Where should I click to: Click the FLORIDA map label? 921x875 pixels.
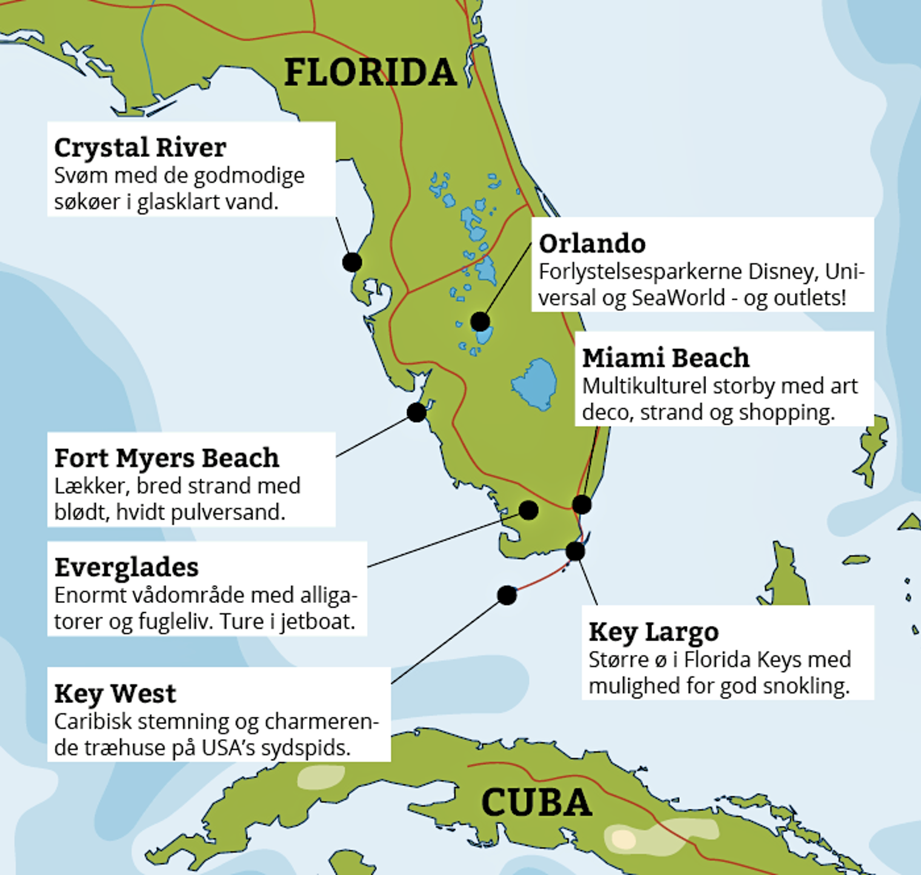[370, 72]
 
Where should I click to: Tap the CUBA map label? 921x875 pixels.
[536, 802]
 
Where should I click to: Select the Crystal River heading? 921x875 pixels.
[140, 148]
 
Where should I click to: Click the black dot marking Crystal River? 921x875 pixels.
[352, 262]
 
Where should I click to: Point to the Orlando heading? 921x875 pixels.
[592, 244]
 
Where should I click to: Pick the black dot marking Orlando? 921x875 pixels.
[480, 321]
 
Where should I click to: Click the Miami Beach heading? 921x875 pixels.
[665, 358]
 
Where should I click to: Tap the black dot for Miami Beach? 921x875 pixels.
[582, 504]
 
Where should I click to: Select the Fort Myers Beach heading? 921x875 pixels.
[167, 458]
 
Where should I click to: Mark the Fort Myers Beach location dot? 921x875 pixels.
[416, 412]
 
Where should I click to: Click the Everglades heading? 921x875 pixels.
[126, 568]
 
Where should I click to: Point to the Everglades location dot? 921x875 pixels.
[528, 510]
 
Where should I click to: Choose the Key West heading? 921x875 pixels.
[115, 694]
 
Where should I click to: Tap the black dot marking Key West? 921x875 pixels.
[507, 595]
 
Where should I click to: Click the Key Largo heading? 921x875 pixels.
[653, 632]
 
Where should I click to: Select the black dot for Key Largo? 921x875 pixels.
[575, 551]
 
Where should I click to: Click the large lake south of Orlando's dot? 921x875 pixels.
[534, 384]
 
